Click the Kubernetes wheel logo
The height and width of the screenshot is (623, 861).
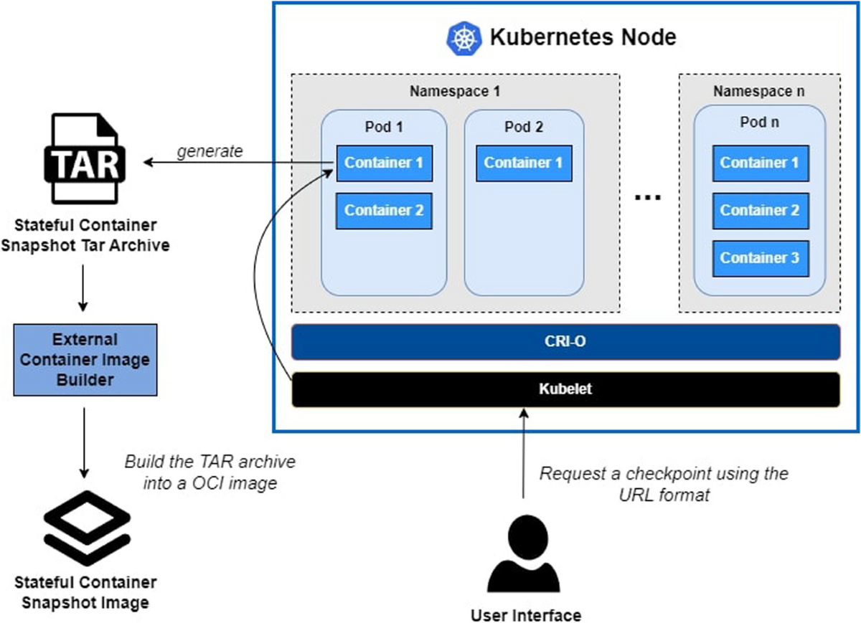(x=464, y=39)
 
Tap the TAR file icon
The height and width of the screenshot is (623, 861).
(x=85, y=158)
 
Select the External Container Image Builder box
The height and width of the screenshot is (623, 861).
(x=85, y=360)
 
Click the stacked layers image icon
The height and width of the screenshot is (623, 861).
(x=87, y=528)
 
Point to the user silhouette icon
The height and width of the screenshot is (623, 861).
(x=524, y=553)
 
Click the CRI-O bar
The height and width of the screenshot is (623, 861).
(x=565, y=342)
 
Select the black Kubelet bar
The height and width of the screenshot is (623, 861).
(x=565, y=389)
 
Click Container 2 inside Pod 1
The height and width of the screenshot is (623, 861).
(x=384, y=211)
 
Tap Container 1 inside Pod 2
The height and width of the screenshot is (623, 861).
(x=524, y=163)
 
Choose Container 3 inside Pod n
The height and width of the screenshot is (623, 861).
(x=761, y=259)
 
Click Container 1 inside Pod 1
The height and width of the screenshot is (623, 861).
(x=384, y=163)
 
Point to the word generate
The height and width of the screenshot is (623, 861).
(x=210, y=152)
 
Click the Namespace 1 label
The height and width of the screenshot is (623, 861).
(x=455, y=92)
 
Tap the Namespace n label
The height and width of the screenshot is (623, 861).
(x=759, y=92)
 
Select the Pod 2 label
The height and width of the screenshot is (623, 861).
(x=524, y=127)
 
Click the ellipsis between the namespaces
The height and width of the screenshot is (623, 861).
(x=648, y=197)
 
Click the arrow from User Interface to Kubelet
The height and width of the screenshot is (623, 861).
(x=524, y=454)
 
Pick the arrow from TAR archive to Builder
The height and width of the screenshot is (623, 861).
(x=83, y=288)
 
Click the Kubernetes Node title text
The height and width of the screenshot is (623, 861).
(x=583, y=37)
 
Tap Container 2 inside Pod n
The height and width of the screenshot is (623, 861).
(x=761, y=211)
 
